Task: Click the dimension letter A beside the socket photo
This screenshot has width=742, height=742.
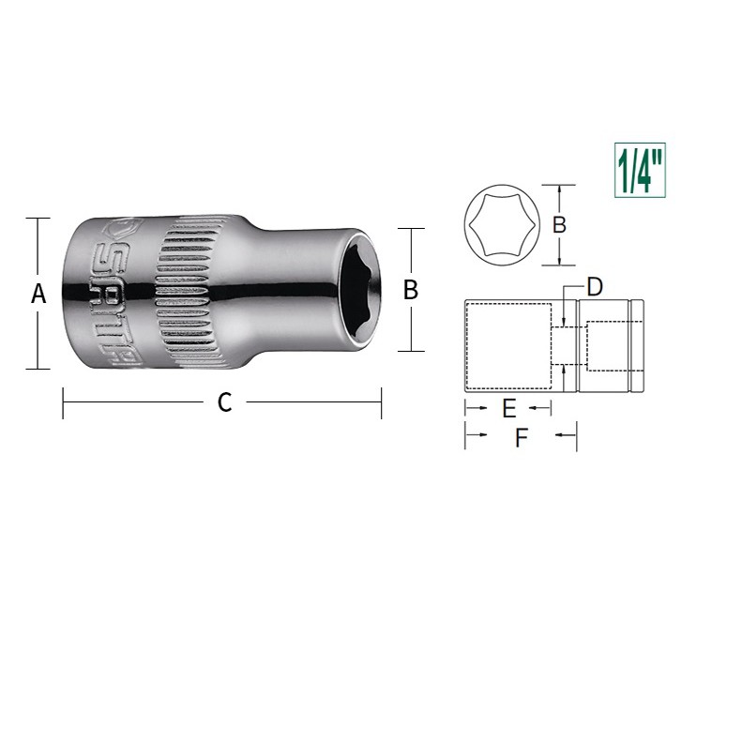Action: pos(38,294)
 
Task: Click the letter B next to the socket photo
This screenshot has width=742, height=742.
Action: pos(410,290)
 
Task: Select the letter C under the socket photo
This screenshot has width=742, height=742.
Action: pos(224,402)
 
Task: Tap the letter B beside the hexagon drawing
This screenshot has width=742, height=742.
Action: pos(559,225)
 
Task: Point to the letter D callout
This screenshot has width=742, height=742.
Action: pos(594,287)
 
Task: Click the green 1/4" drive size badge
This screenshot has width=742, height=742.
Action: pos(640,172)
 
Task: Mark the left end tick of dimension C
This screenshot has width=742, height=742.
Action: pos(63,403)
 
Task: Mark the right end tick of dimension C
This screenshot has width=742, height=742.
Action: pos(382,403)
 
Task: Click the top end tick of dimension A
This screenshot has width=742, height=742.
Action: pos(38,218)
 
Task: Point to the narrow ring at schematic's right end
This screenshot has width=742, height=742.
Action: pos(637,345)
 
